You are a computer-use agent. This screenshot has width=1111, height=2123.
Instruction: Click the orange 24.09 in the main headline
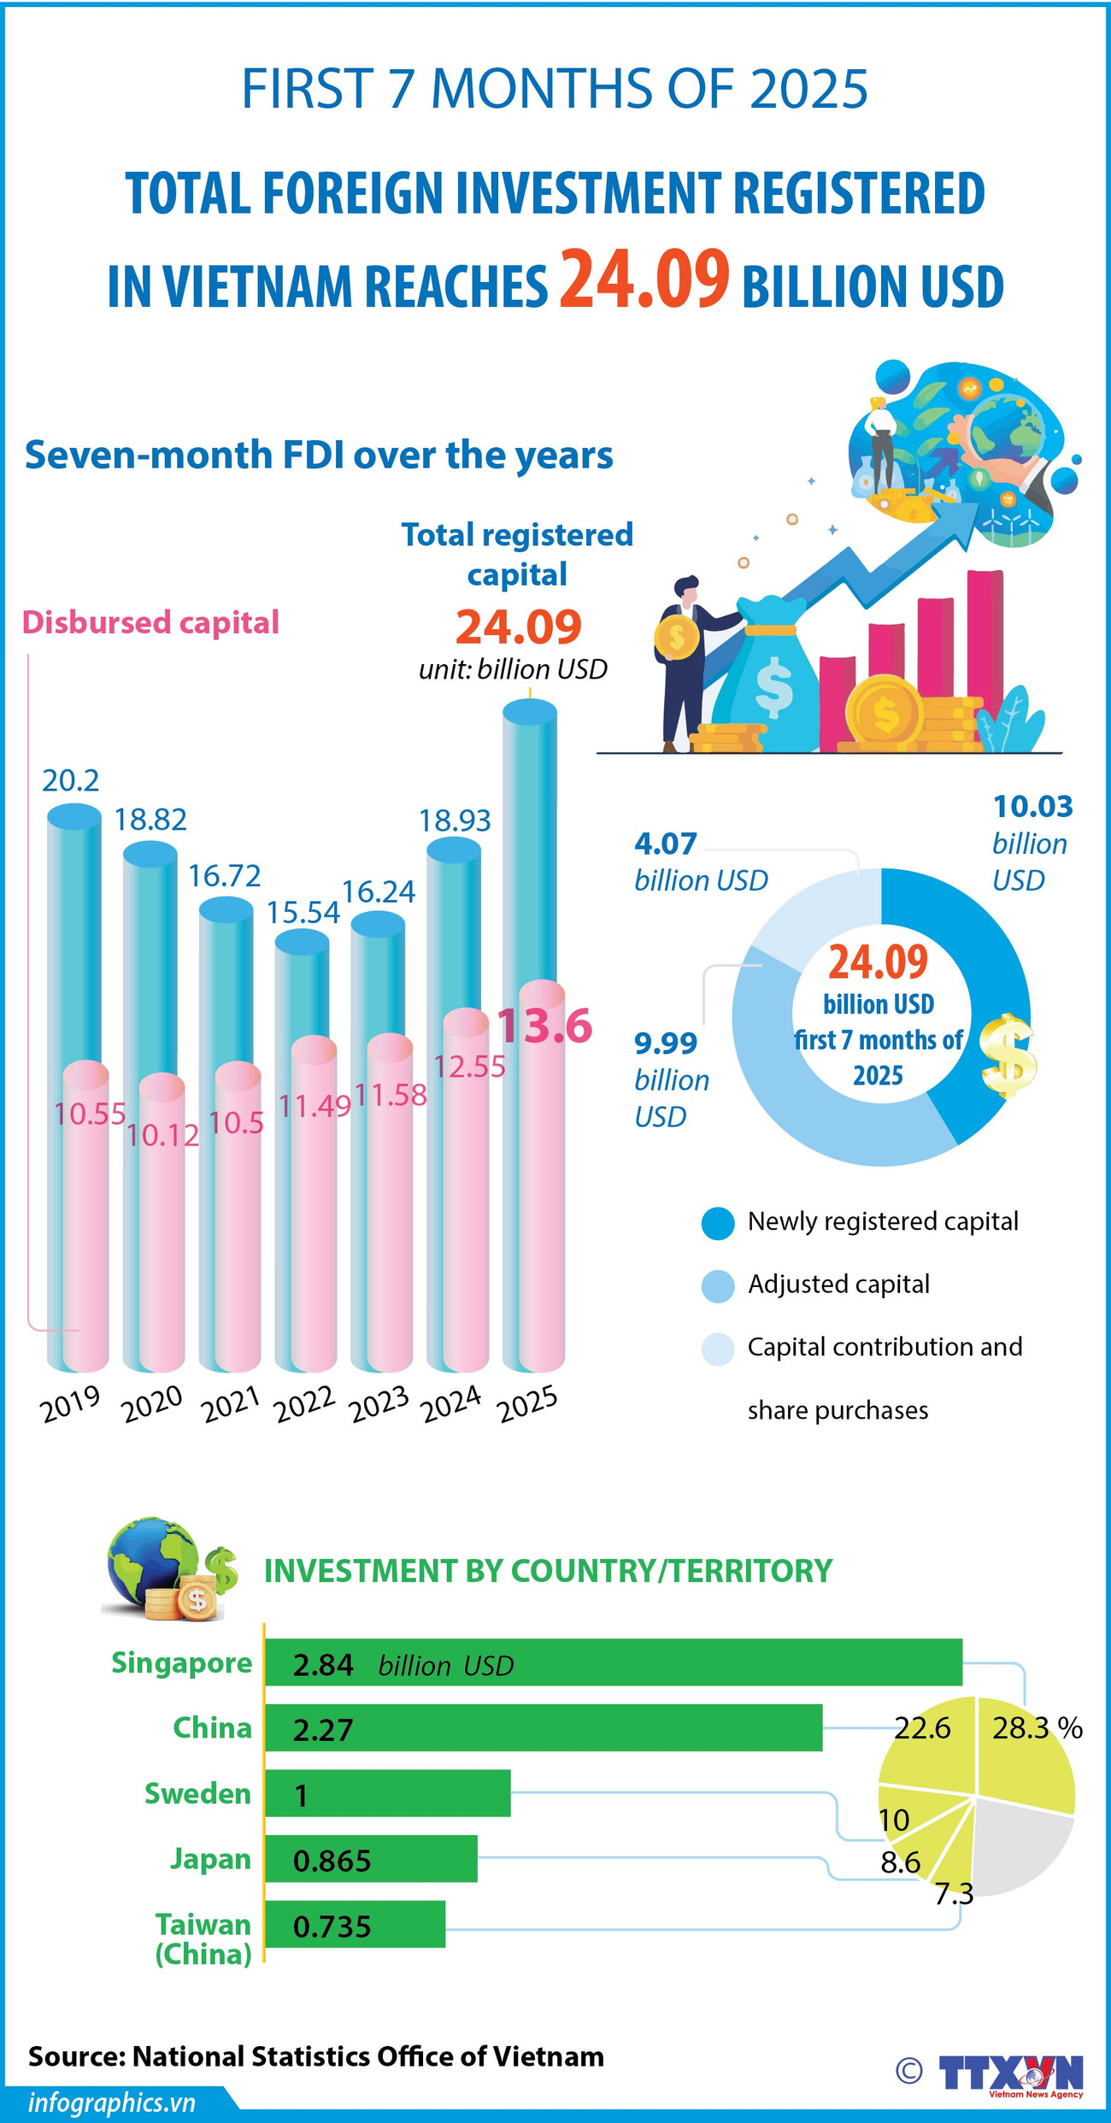(644, 279)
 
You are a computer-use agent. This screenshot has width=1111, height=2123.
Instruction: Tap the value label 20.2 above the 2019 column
(70, 780)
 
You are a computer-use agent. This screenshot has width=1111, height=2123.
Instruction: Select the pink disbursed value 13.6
(544, 1026)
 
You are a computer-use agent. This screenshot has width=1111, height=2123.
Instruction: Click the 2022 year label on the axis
(304, 1403)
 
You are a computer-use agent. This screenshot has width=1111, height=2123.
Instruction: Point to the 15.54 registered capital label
(303, 913)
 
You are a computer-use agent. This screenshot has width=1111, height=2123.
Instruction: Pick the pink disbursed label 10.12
(162, 1135)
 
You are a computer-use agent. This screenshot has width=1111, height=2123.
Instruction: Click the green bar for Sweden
(387, 1793)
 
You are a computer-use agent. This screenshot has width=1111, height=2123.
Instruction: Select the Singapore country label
(182, 1662)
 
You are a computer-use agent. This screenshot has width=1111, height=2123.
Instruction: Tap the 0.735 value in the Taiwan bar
(332, 1926)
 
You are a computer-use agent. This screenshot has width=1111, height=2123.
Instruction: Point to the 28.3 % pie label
(1036, 1727)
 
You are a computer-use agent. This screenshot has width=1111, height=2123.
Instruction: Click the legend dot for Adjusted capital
(718, 1285)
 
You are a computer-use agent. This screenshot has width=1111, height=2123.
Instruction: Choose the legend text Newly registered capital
(882, 1221)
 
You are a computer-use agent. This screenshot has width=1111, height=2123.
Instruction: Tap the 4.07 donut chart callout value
(666, 844)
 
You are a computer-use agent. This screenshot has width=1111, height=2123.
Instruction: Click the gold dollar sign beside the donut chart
(1008, 1056)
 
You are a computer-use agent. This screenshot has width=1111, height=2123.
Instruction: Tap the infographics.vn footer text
(112, 2102)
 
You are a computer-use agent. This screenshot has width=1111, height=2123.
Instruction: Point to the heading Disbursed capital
(150, 622)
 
